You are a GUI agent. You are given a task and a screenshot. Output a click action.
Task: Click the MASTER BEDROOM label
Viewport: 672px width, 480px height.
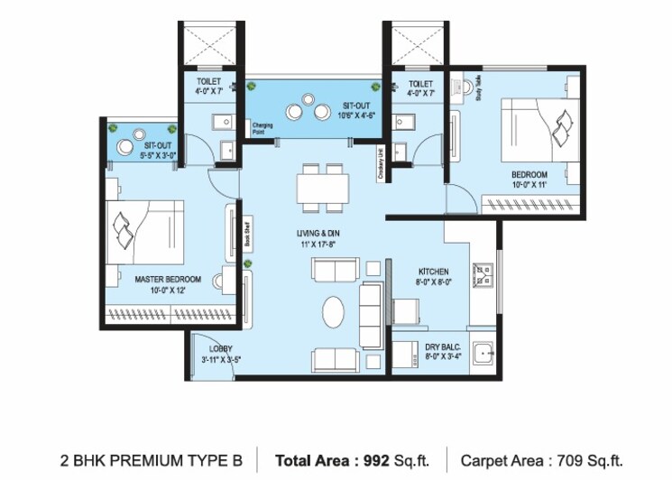(x=168, y=279)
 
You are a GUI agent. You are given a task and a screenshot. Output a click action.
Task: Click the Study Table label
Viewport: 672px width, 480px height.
(x=478, y=96)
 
